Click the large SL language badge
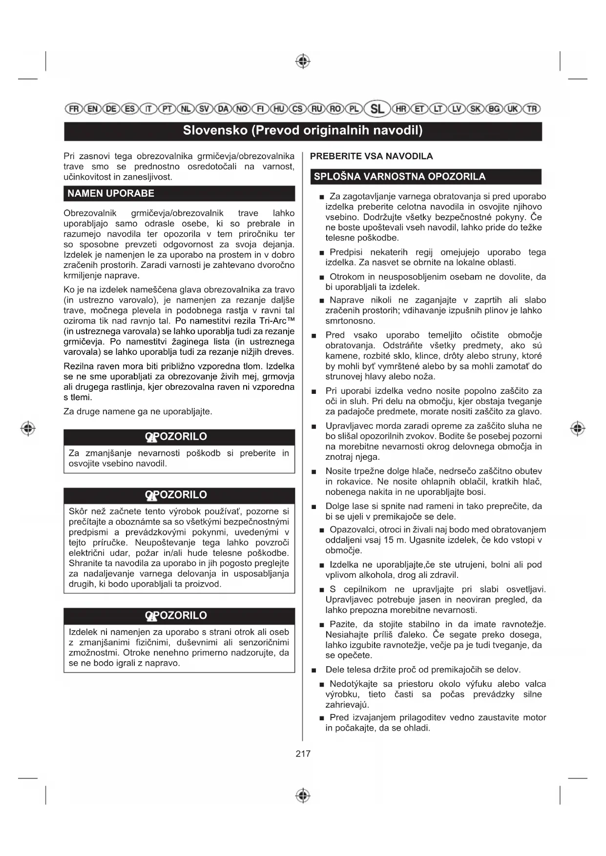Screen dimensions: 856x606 [x=377, y=109]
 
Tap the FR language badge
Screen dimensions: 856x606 [x=74, y=109]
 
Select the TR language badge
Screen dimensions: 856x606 [x=532, y=109]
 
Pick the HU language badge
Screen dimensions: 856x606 [x=279, y=109]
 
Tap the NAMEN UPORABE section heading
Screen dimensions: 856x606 [x=111, y=193]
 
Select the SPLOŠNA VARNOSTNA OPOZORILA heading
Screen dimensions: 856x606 [x=399, y=177]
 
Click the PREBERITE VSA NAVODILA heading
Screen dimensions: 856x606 [x=371, y=156]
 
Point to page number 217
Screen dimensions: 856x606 [x=303, y=754]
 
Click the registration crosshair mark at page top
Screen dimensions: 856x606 [x=303, y=61]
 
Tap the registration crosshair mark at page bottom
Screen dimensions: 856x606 [x=303, y=795]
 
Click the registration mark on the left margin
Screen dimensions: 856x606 [x=28, y=428]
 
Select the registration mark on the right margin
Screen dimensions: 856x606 [x=577, y=428]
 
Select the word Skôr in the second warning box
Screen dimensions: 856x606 [x=78, y=511]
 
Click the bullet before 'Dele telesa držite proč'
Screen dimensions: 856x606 [x=315, y=670]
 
